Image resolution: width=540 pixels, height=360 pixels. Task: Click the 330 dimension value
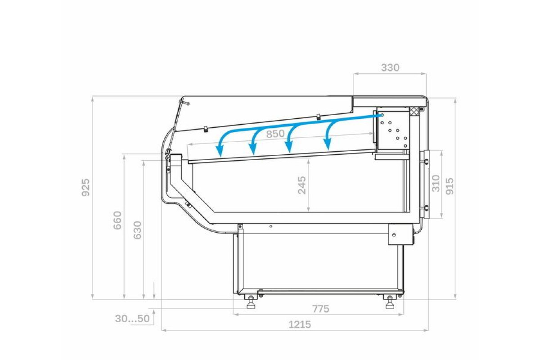[390, 68]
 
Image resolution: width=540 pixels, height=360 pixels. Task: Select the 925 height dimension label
[85, 187]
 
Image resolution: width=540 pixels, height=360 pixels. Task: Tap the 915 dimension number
[450, 186]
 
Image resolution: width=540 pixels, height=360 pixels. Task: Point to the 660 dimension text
[117, 220]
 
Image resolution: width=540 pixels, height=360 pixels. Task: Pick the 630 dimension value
[137, 230]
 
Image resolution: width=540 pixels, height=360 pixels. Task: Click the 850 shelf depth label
[275, 134]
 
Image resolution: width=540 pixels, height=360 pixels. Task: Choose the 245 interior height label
[302, 185]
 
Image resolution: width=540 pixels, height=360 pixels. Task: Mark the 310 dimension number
[436, 184]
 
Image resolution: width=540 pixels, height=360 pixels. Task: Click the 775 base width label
[320, 309]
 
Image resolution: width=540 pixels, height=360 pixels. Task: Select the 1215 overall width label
[300, 325]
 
